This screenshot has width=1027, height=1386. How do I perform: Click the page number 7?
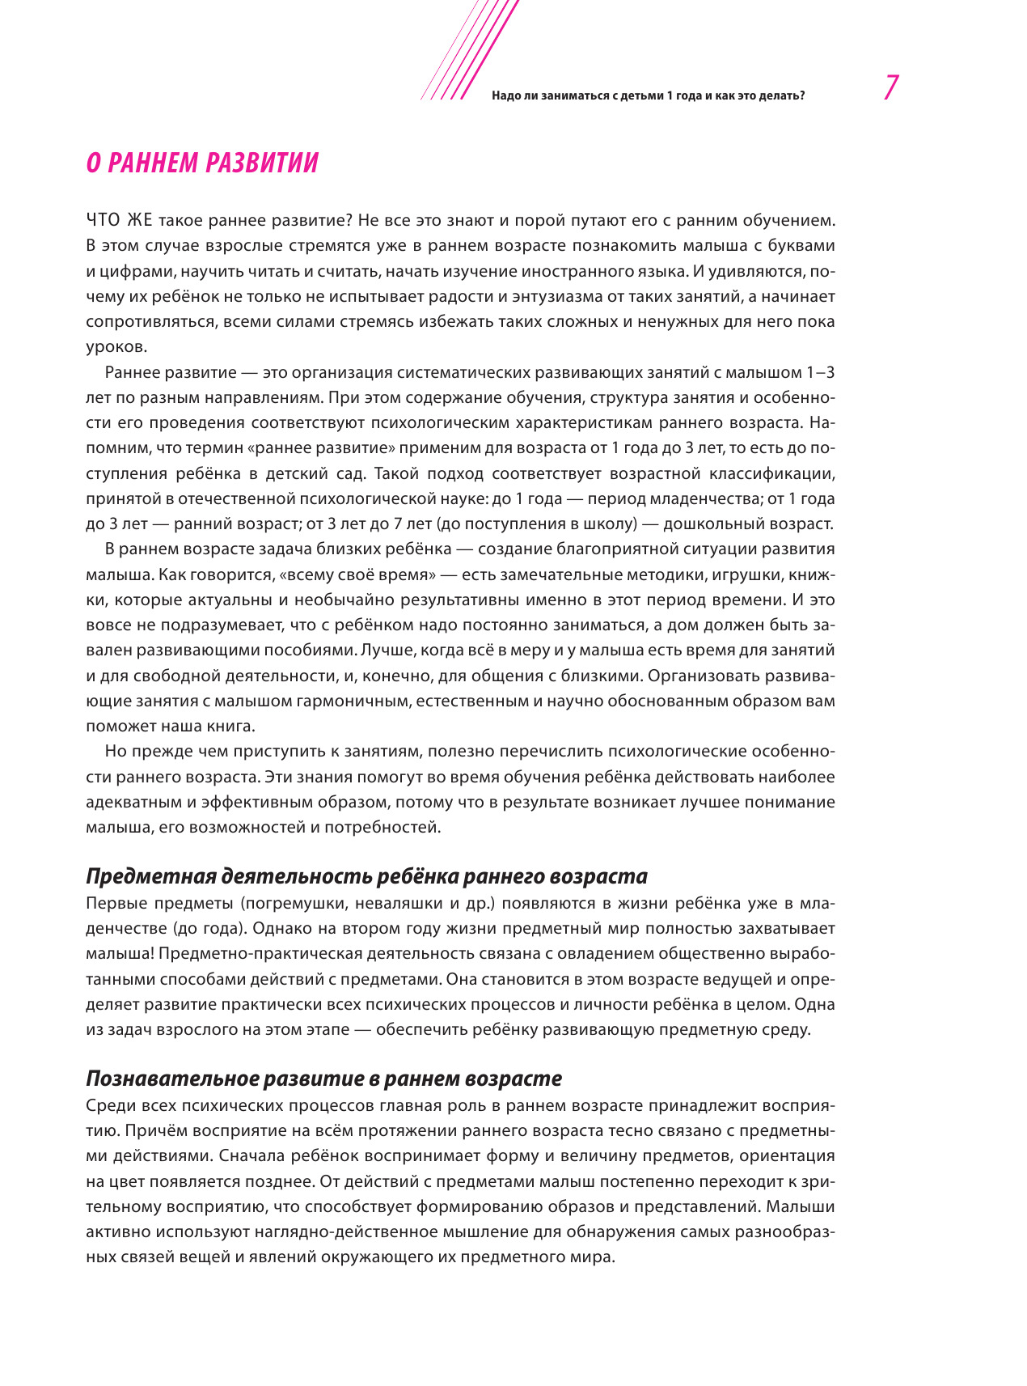tap(891, 87)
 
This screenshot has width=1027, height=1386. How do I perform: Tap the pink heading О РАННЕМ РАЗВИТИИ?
tap(202, 163)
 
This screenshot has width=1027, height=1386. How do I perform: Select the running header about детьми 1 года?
tap(648, 95)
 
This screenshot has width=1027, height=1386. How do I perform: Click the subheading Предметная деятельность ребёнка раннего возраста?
tap(366, 876)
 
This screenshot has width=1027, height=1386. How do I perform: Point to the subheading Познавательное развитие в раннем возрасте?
tap(323, 1079)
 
